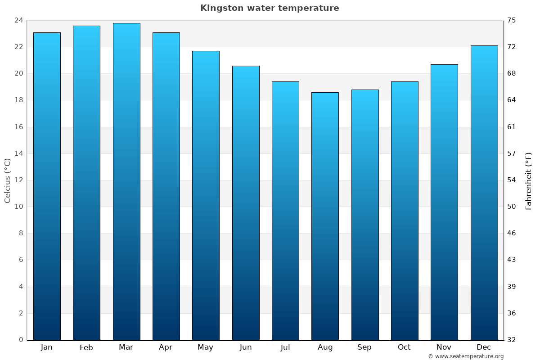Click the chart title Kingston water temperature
pyautogui.click(x=270, y=8)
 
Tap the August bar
pyautogui.click(x=325, y=216)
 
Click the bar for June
pyautogui.click(x=246, y=202)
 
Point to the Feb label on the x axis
pyautogui.click(x=86, y=347)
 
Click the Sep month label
pyautogui.click(x=364, y=347)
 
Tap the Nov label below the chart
pyautogui.click(x=444, y=347)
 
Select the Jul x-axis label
pyautogui.click(x=285, y=347)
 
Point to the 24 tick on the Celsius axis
pyautogui.click(x=18, y=20)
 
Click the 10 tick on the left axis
pyautogui.click(x=18, y=207)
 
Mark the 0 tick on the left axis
pyautogui.click(x=21, y=340)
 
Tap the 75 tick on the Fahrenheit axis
pyautogui.click(x=512, y=20)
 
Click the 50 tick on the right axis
pyautogui.click(x=512, y=207)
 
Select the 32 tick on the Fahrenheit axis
pyautogui.click(x=512, y=340)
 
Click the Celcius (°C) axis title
pyautogui.click(x=7, y=180)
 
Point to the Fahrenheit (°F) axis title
pyautogui.click(x=528, y=180)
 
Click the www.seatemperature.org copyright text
pyautogui.click(x=466, y=356)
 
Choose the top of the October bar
pyautogui.click(x=405, y=82)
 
